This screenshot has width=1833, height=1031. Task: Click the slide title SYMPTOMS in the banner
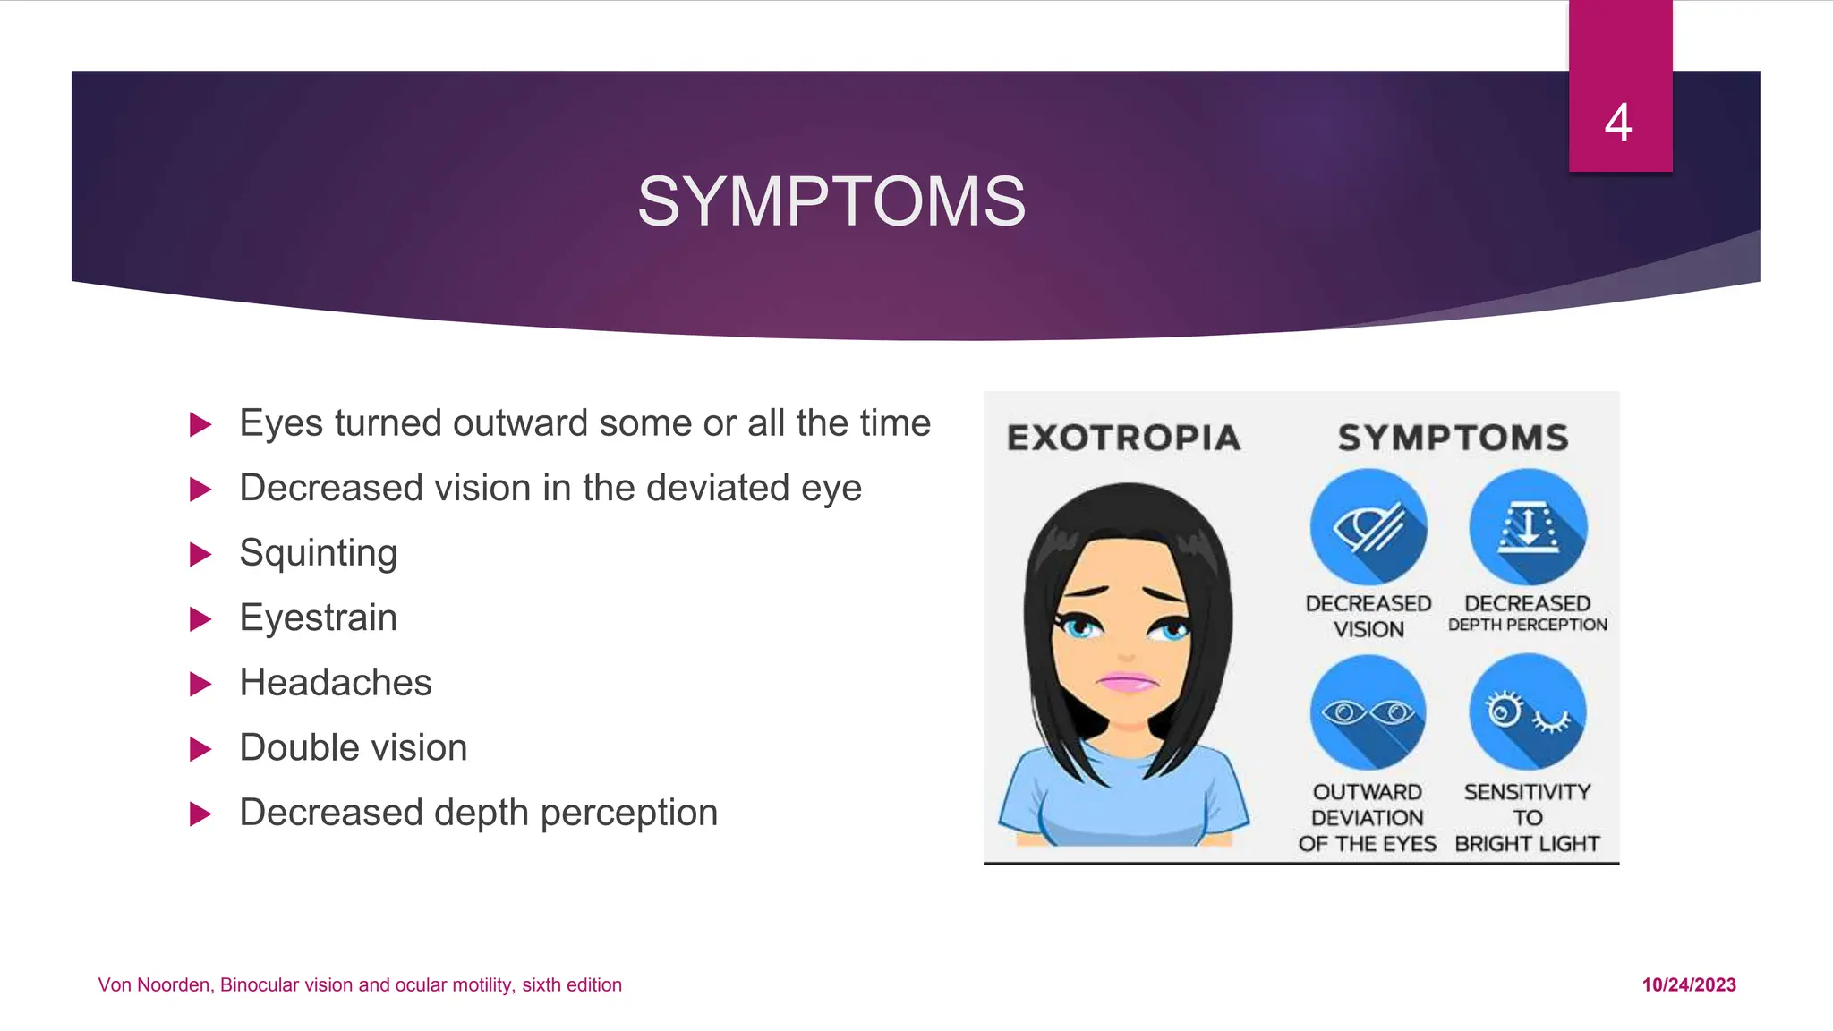click(831, 201)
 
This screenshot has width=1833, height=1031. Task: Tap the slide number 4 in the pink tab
click(1618, 123)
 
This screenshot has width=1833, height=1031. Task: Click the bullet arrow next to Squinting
click(201, 555)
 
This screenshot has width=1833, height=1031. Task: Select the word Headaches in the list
click(336, 683)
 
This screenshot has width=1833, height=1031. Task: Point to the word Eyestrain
click(318, 618)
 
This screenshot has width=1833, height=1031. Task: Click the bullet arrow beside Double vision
click(201, 749)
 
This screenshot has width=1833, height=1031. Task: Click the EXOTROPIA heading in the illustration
click(1124, 438)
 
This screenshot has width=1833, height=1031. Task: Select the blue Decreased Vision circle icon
click(1368, 527)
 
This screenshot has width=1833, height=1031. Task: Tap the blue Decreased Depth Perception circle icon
click(1528, 527)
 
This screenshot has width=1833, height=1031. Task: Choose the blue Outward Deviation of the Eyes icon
click(1368, 712)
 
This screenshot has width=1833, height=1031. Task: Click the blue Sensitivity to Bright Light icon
click(1528, 712)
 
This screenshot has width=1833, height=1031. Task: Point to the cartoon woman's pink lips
click(1128, 682)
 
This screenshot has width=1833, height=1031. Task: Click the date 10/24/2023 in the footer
click(1689, 984)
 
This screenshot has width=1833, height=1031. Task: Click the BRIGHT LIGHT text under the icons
click(1527, 844)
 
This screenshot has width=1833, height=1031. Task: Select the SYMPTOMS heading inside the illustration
click(1453, 438)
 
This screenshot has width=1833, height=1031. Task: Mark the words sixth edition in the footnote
click(572, 984)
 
